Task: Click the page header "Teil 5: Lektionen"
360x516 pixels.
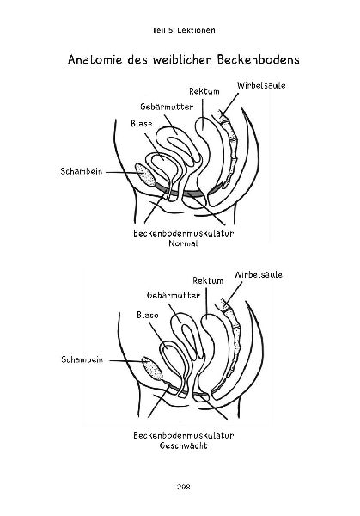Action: click(x=184, y=30)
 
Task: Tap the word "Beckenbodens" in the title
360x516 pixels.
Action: click(x=258, y=60)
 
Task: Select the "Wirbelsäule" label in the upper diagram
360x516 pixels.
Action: click(x=261, y=85)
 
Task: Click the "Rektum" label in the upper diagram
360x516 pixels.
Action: click(x=204, y=91)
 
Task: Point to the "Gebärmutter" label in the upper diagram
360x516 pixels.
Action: click(x=167, y=107)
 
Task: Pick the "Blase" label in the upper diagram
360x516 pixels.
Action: click(x=142, y=124)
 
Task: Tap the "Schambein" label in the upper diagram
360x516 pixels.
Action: click(x=82, y=171)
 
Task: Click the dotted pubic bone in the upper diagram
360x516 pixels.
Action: click(x=146, y=175)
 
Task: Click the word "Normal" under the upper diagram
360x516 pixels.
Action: click(x=183, y=243)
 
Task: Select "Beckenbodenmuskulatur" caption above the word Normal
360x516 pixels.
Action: click(x=184, y=233)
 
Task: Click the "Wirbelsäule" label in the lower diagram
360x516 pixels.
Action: click(x=258, y=275)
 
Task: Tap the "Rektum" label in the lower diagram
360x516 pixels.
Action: click(x=208, y=280)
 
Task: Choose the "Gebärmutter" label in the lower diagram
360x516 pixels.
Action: click(x=174, y=295)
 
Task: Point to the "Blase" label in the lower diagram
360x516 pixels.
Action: click(x=148, y=316)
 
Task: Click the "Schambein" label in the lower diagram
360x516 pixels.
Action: click(x=82, y=359)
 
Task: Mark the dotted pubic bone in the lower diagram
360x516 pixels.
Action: click(x=152, y=369)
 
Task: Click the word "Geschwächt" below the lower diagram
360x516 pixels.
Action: click(x=184, y=445)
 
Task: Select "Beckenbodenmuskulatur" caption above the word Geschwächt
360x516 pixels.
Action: click(x=184, y=435)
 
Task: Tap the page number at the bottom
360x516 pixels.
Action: click(x=184, y=487)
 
